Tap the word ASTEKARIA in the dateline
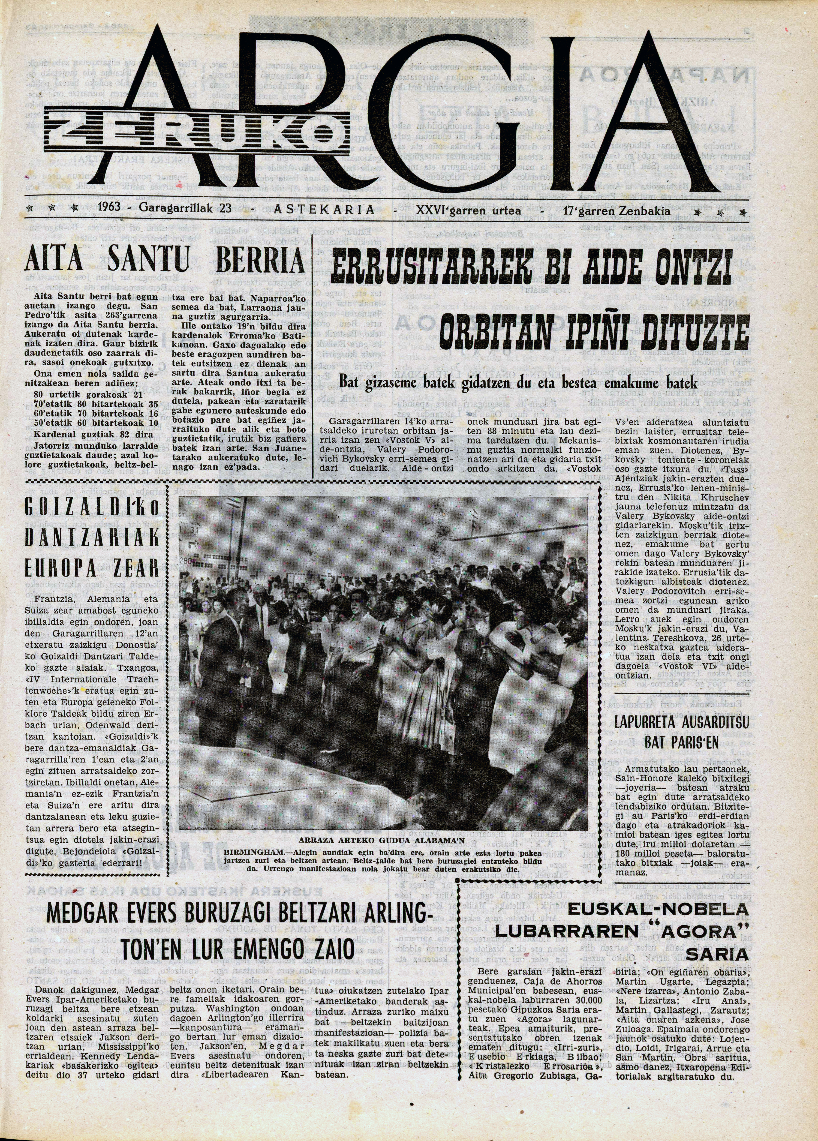pyautogui.click(x=325, y=209)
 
